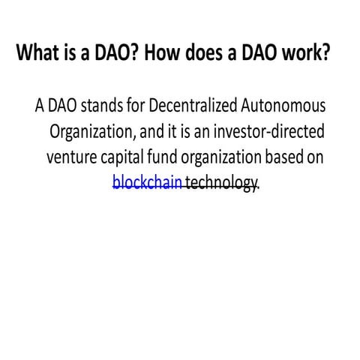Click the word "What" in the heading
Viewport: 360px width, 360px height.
pos(37,55)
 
